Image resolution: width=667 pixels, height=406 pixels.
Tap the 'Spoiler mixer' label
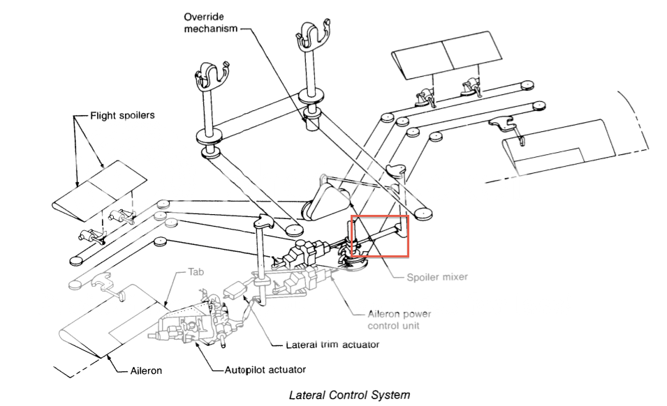click(437, 277)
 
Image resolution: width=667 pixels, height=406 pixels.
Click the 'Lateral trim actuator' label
click(333, 345)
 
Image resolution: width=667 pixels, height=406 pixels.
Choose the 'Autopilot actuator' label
click(265, 369)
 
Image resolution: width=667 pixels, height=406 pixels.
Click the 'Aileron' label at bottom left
click(146, 370)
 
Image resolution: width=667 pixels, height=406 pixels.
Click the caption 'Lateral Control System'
click(349, 395)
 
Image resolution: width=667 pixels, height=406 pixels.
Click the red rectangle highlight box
click(379, 236)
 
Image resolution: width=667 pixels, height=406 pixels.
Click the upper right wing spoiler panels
click(447, 59)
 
